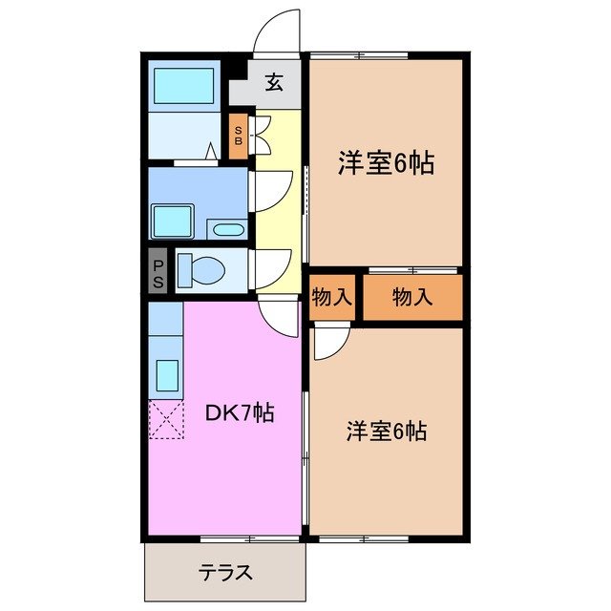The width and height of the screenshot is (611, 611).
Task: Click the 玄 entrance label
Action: [274, 83]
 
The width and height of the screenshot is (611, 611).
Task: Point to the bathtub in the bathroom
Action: [186, 88]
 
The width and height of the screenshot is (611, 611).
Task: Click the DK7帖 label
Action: [242, 412]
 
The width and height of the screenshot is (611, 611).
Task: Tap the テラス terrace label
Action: [225, 573]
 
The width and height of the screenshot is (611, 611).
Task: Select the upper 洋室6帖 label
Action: [385, 164]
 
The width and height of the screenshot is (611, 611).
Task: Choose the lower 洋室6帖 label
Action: [386, 431]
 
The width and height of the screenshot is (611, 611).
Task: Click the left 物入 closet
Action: [331, 297]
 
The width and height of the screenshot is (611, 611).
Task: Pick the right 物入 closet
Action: [412, 297]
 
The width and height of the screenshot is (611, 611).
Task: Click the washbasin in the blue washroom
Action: [174, 221]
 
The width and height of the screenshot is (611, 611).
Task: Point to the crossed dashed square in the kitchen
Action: [165, 419]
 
